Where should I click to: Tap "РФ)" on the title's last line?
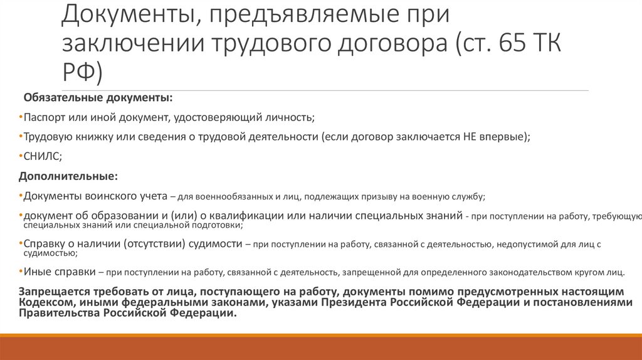82,73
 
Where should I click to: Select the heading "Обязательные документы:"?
98,98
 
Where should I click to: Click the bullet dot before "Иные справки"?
21,272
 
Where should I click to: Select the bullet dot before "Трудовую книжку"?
21,136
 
